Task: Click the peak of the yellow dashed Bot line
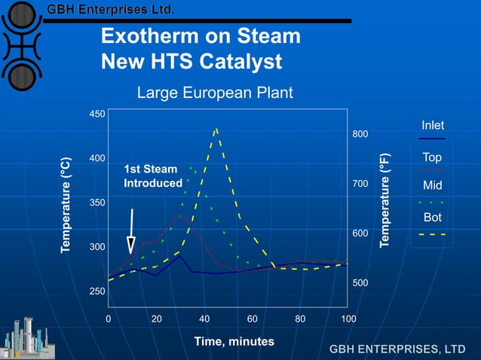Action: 216,129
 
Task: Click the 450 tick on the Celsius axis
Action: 97,114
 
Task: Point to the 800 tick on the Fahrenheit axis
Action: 361,134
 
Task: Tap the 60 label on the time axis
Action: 253,319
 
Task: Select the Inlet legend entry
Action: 432,125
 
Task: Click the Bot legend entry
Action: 432,218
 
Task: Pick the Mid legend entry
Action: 432,185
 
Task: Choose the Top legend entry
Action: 432,157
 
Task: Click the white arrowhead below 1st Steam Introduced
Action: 131,245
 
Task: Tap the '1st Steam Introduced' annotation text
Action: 152,176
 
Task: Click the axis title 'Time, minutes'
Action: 234,341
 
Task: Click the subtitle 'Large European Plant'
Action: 214,93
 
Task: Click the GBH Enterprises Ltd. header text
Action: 111,10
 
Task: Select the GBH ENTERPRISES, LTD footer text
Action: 397,349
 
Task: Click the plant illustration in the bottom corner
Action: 27,337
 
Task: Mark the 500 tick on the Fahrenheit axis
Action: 361,282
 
